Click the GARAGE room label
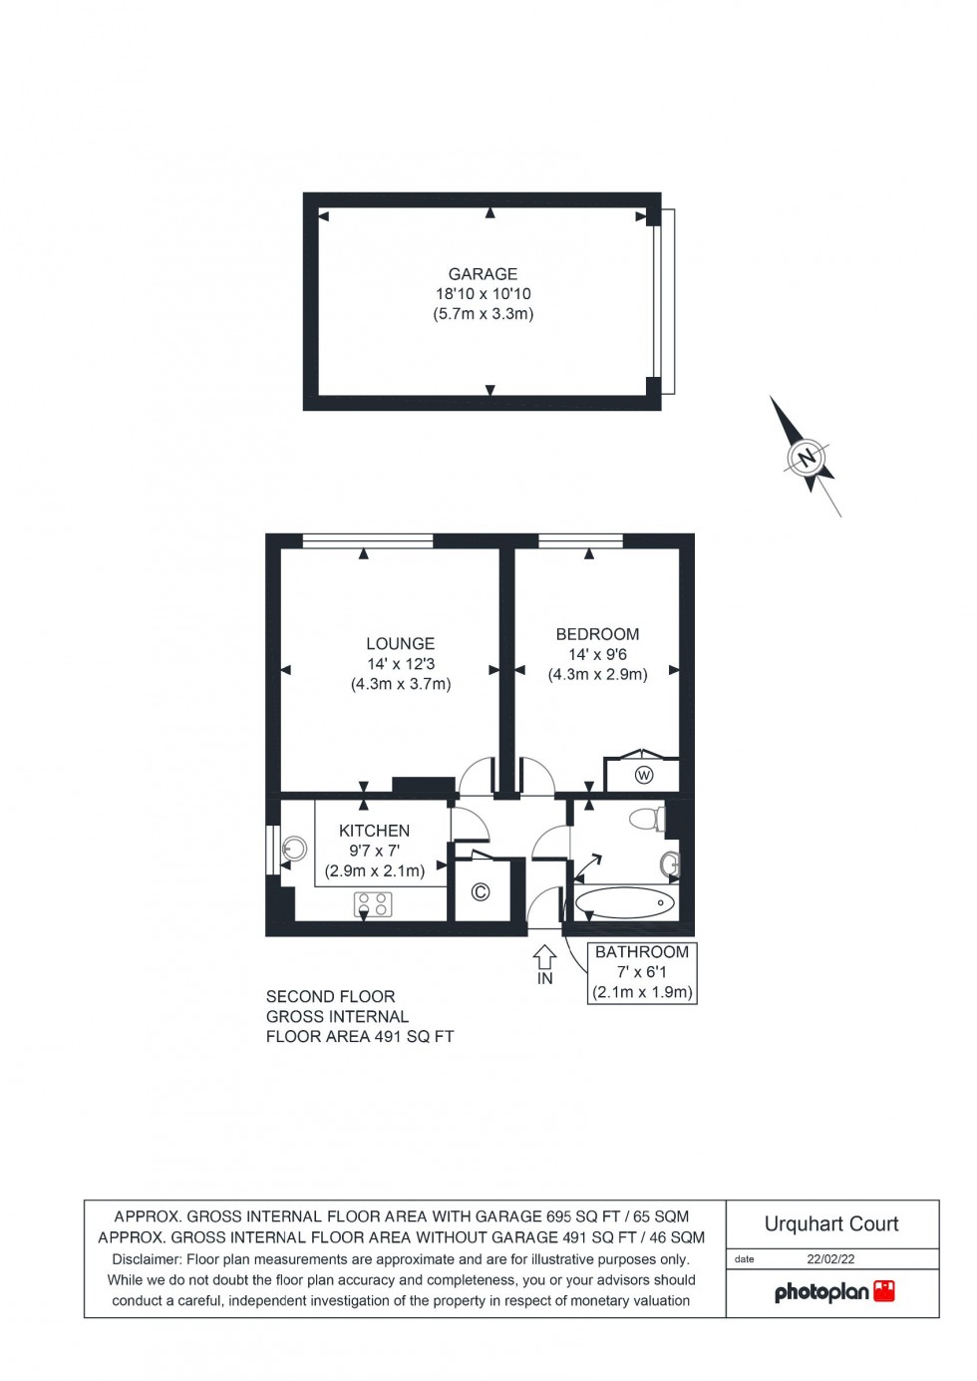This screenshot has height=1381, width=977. point(483,274)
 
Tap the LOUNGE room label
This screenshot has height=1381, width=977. point(400,644)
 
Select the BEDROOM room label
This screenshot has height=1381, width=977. point(597,634)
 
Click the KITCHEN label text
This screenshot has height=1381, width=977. point(374,831)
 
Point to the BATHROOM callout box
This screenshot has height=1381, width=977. point(642,972)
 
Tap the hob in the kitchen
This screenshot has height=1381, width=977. point(373,904)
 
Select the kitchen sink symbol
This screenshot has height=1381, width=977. point(293,850)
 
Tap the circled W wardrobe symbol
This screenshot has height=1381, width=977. point(643,775)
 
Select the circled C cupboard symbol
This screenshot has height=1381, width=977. point(480,891)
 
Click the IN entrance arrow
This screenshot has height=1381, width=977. point(544,960)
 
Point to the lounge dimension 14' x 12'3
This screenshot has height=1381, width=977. point(401,664)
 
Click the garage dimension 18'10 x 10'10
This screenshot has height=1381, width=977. point(483,294)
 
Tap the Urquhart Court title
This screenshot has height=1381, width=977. point(831,1223)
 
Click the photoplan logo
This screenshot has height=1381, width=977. point(834,1292)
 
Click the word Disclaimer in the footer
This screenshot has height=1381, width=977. point(147,1259)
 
